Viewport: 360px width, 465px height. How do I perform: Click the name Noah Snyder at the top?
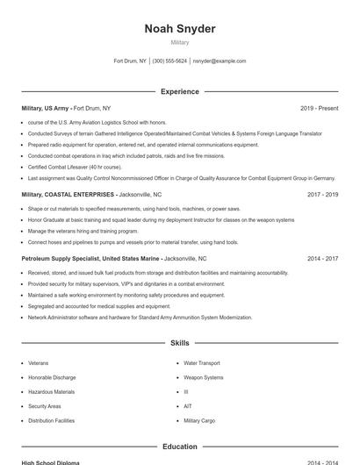[x=180, y=29]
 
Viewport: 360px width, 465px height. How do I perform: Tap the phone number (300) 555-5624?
[x=169, y=61]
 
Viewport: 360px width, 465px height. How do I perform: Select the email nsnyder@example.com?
[x=220, y=61]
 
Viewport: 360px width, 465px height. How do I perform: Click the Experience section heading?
[x=180, y=91]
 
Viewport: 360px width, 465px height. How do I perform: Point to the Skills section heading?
[x=180, y=343]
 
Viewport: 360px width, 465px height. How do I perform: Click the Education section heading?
[x=180, y=447]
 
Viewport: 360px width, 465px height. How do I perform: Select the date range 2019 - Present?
[x=319, y=108]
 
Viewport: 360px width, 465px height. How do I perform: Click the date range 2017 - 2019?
[x=322, y=194]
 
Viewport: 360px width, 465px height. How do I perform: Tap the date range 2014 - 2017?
[x=322, y=259]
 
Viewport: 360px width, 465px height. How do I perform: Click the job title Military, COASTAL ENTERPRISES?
[x=68, y=194]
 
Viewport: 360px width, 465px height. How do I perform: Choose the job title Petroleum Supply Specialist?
[x=61, y=259]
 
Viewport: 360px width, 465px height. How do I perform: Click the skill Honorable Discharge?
[x=52, y=377]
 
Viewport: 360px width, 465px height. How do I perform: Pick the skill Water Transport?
[x=201, y=362]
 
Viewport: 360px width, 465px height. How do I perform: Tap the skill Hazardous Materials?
[x=51, y=392]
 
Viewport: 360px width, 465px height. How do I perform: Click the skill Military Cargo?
[x=199, y=421]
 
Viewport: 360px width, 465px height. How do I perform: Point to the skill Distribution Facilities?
[x=51, y=421]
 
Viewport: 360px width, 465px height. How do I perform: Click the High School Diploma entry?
[x=50, y=462]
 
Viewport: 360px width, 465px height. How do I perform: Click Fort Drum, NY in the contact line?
[x=130, y=61]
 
